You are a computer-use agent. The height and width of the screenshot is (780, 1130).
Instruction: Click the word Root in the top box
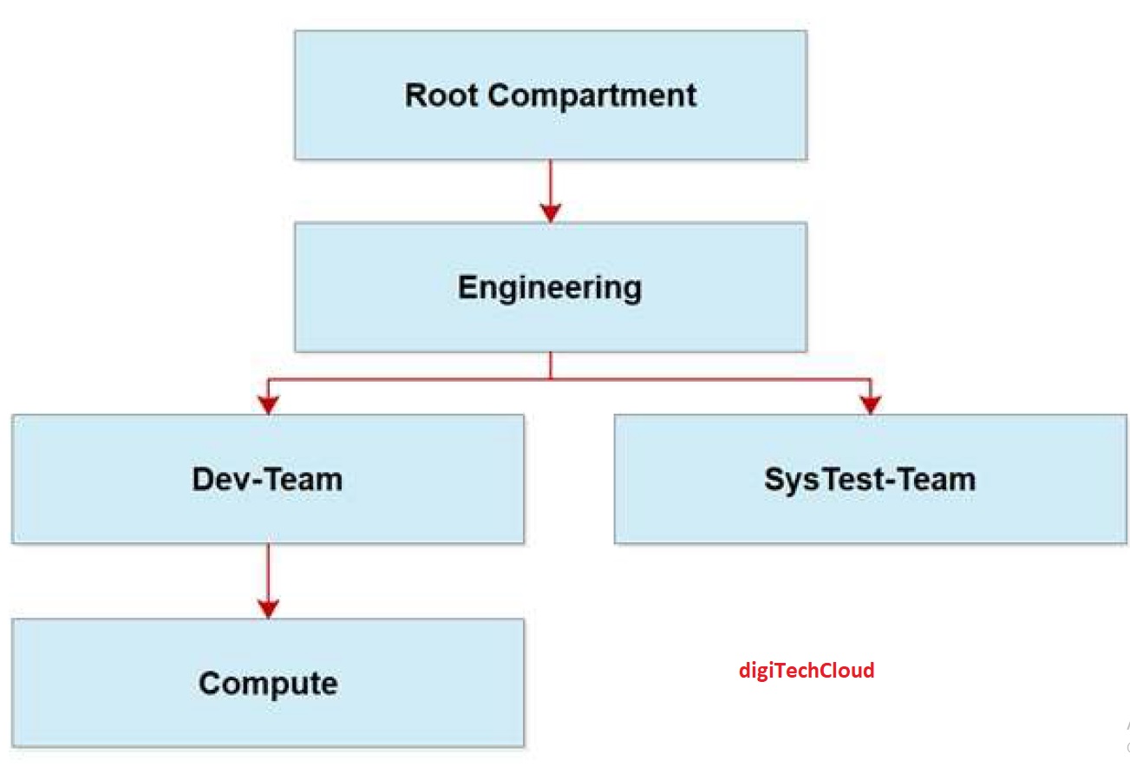(441, 95)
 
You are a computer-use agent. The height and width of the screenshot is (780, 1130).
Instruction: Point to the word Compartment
(591, 95)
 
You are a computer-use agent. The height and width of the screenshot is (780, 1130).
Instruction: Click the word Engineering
(550, 287)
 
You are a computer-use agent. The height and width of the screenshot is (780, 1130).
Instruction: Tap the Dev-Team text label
(267, 479)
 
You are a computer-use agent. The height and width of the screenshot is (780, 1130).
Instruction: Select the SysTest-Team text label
(870, 479)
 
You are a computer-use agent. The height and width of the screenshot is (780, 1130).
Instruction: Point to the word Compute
(267, 684)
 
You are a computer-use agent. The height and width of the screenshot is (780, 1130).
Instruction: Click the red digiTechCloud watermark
(807, 670)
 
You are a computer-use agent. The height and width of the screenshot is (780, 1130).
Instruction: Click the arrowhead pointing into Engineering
(550, 213)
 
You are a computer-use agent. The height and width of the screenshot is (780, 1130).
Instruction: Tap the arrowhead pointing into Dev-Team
(268, 404)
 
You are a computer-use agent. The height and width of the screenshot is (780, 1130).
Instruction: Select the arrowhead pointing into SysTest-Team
(870, 404)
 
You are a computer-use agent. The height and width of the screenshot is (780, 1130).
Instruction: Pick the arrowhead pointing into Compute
(268, 608)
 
